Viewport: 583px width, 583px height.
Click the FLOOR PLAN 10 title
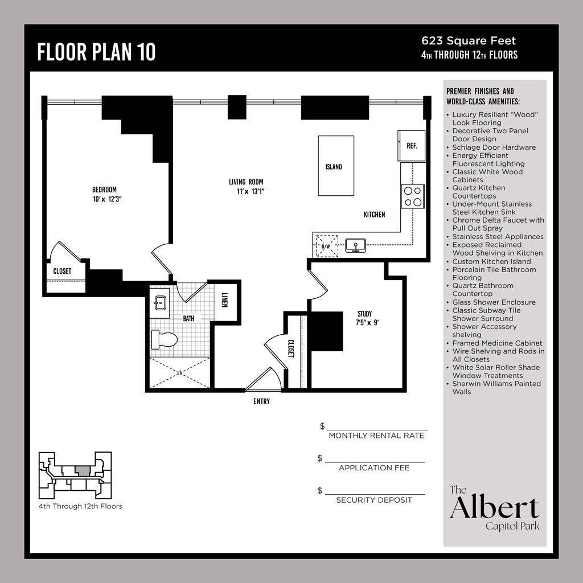point(96,52)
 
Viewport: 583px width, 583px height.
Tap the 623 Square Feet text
point(469,41)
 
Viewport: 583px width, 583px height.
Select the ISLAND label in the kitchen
point(334,167)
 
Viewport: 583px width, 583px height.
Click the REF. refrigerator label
point(412,146)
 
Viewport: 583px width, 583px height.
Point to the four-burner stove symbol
point(413,196)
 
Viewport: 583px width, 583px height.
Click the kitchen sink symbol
point(355,245)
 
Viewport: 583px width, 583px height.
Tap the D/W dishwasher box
point(326,246)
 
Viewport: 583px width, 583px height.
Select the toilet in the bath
point(165,339)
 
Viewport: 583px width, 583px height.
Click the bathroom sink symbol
point(160,303)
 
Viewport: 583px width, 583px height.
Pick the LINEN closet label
point(224,299)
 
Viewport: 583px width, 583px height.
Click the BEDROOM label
point(105,190)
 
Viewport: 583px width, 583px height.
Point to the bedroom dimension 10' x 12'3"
point(108,199)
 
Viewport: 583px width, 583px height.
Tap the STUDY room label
point(365,314)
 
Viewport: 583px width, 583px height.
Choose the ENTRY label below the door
point(261,401)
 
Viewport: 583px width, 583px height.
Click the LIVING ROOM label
point(246,182)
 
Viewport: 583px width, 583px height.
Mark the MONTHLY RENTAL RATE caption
point(376,436)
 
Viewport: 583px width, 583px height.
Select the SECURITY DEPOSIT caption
point(374,500)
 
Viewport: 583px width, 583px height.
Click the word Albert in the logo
point(495,507)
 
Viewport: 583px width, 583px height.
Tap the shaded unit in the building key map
point(83,471)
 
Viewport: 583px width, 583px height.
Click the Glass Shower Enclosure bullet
point(494,302)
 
